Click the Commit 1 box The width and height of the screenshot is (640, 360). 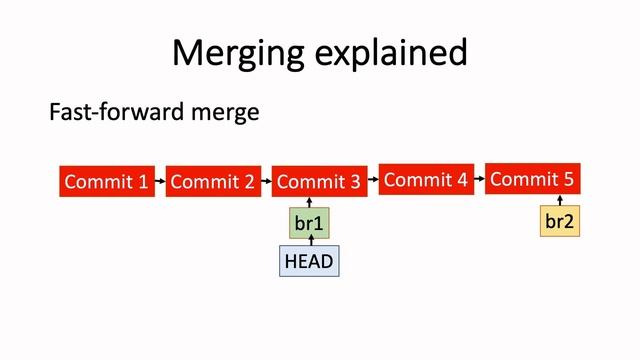click(x=107, y=181)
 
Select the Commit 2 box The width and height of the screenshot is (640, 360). click(x=213, y=181)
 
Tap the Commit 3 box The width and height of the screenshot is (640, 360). click(x=319, y=181)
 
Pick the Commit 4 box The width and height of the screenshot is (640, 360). click(x=425, y=180)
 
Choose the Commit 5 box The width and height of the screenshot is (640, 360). click(x=532, y=179)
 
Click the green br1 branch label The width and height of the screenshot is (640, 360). click(x=310, y=222)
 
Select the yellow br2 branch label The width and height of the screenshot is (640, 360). click(x=560, y=221)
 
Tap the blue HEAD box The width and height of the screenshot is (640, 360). click(x=309, y=261)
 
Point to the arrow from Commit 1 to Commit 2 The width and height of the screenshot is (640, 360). click(x=160, y=181)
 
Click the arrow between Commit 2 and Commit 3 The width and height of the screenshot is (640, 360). click(x=266, y=181)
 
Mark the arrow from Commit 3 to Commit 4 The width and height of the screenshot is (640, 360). click(x=372, y=180)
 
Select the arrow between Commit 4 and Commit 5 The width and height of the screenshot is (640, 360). click(x=478, y=180)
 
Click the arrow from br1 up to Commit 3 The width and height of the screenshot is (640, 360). click(x=310, y=202)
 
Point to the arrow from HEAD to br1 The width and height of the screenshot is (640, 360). click(x=310, y=241)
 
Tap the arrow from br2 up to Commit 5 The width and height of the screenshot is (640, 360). click(x=560, y=200)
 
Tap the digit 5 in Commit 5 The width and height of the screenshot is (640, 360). click(x=568, y=179)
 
